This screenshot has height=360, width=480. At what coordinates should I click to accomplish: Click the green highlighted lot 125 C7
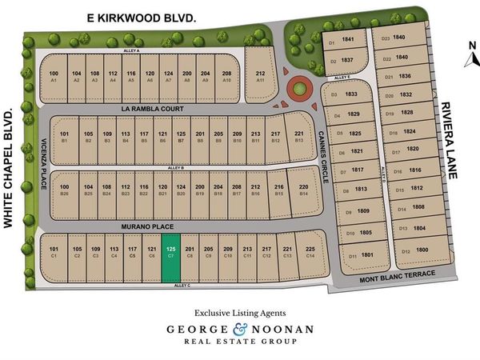coord(170,258)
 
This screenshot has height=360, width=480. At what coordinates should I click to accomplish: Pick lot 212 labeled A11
coord(260,75)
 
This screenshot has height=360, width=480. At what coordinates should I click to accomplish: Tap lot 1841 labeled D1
coord(340,41)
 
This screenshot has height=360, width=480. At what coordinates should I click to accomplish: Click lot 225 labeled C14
coord(311,253)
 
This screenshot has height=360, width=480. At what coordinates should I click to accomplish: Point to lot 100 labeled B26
coord(64,189)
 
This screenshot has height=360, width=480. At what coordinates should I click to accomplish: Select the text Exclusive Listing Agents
coord(239,313)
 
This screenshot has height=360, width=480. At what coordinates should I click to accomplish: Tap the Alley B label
coord(178,166)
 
